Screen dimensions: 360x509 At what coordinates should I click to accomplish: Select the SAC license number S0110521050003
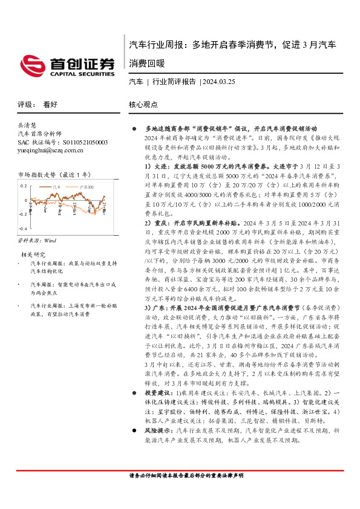click(x=63, y=141)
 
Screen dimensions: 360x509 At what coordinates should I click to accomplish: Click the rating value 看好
click(x=51, y=104)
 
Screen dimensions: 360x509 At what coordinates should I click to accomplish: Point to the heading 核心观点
click(x=143, y=104)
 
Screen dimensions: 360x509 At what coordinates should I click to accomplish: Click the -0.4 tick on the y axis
click(x=22, y=229)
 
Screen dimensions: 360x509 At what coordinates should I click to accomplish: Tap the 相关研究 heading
click(x=34, y=254)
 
